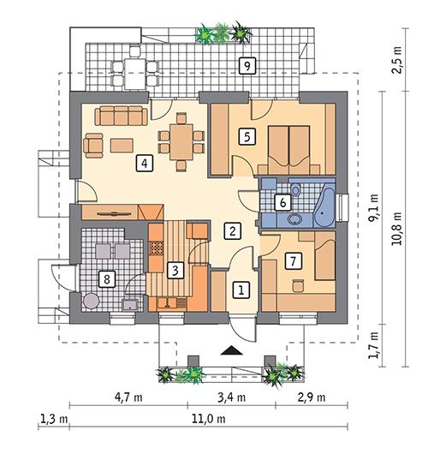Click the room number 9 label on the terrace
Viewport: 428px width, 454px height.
247,66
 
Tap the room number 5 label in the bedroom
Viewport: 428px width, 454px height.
247,135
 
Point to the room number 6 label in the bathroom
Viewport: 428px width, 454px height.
279,203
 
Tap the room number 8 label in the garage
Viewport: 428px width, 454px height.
107,278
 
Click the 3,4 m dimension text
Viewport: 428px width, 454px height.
232,397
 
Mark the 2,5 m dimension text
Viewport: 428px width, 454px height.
398,63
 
